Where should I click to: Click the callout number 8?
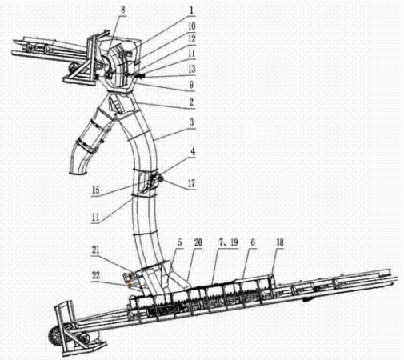pyautogui.click(x=122, y=10)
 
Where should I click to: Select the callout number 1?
pyautogui.click(x=191, y=10)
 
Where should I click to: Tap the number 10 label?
pyautogui.click(x=192, y=26)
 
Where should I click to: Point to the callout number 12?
pyautogui.click(x=192, y=39)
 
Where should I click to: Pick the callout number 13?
pyautogui.click(x=192, y=69)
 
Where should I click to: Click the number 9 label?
pyautogui.click(x=191, y=85)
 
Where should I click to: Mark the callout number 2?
pyautogui.click(x=191, y=102)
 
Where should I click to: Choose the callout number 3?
pyautogui.click(x=191, y=122)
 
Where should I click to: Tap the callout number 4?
pyautogui.click(x=193, y=151)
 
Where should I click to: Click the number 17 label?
pyautogui.click(x=191, y=183)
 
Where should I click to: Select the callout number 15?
pyautogui.click(x=95, y=190)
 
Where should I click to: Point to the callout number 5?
pyautogui.click(x=179, y=242)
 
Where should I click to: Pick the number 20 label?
pyautogui.click(x=198, y=242)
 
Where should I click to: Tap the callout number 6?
pyautogui.click(x=253, y=242)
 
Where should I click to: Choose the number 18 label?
pyautogui.click(x=280, y=242)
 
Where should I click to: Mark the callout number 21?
pyautogui.click(x=95, y=250)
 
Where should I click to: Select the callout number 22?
pyautogui.click(x=96, y=275)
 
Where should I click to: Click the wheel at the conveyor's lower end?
pyautogui.click(x=54, y=338)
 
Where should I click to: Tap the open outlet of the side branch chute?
pyautogui.click(x=78, y=173)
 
